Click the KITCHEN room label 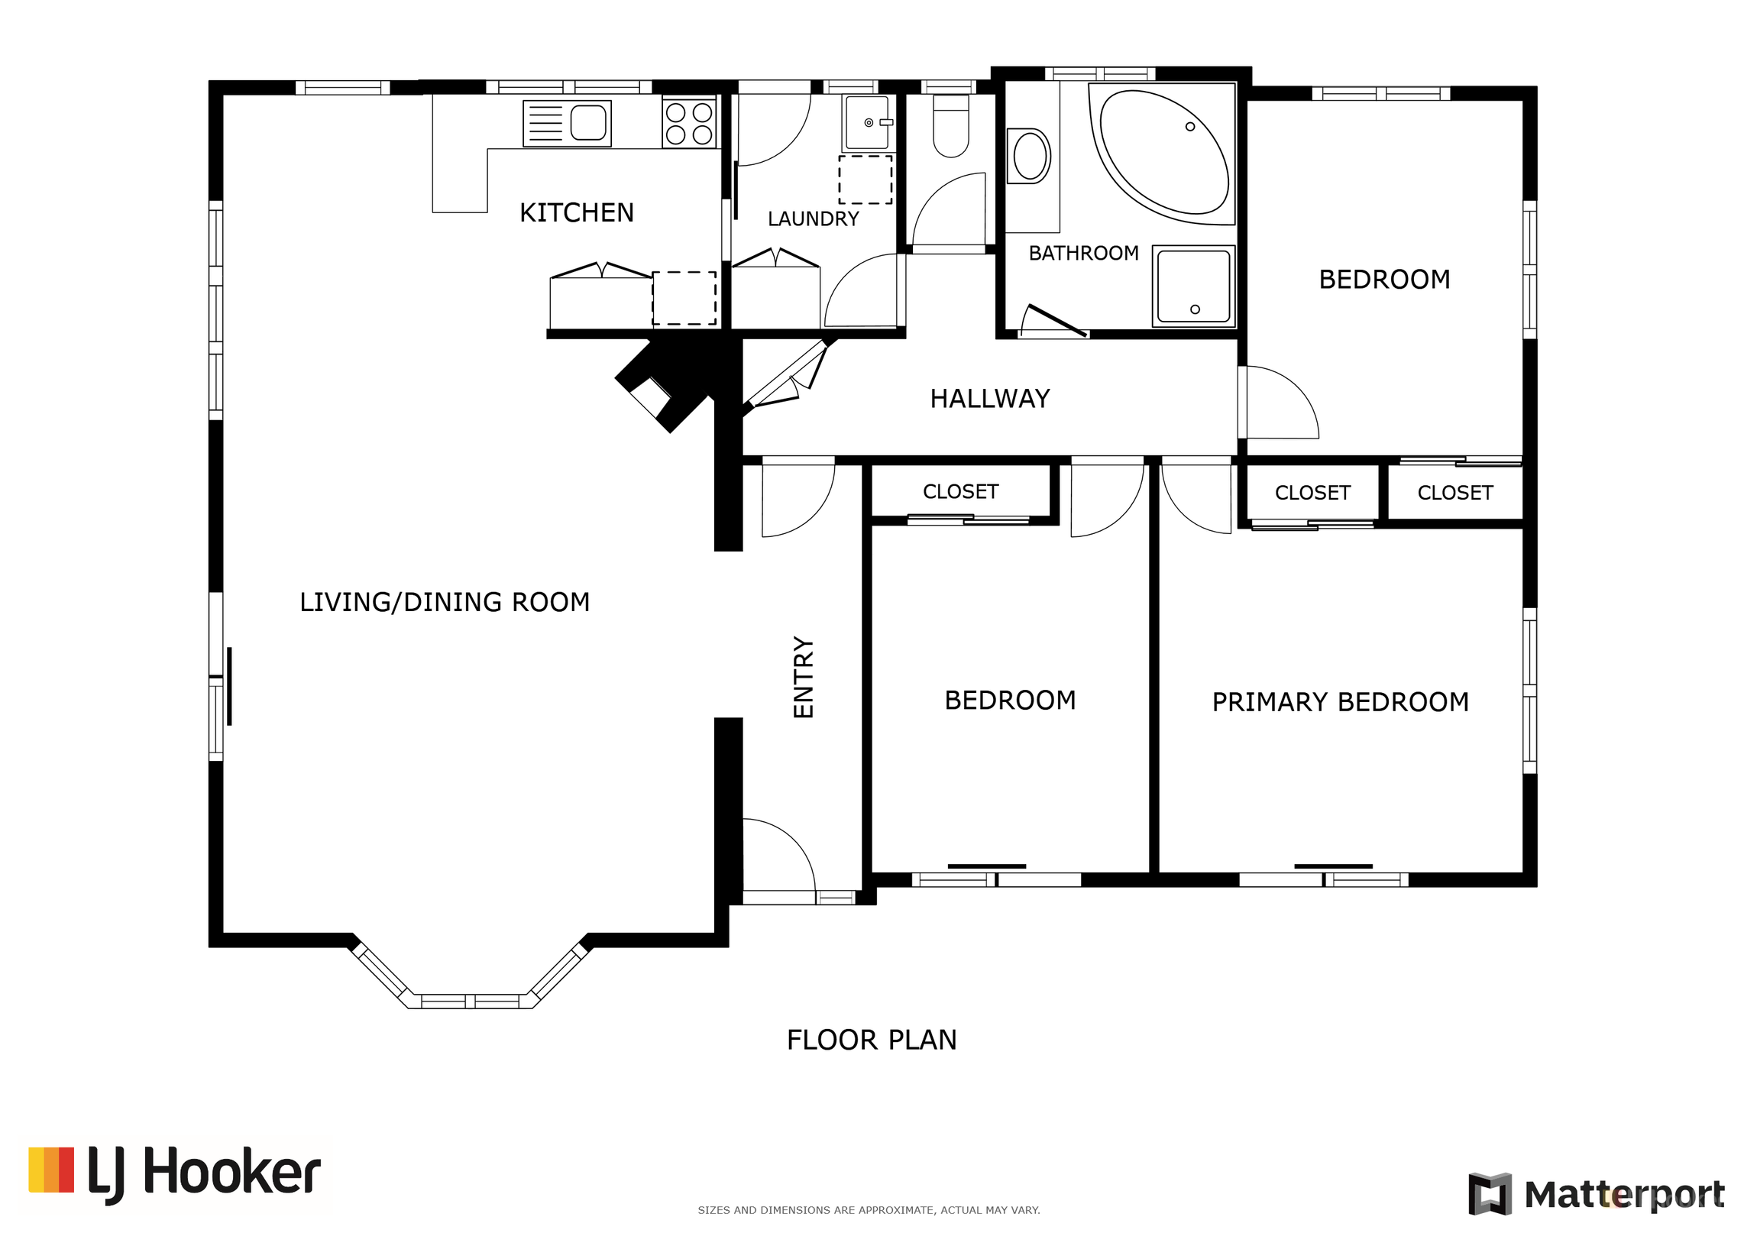pos(577,212)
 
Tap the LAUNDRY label pos(814,219)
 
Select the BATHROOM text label pos(1083,253)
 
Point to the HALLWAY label pos(990,399)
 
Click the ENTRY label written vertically pos(804,677)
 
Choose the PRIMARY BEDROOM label pos(1341,702)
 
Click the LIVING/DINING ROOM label pos(445,602)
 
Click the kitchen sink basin pos(588,122)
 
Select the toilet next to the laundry pos(951,126)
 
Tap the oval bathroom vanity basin pos(1030,156)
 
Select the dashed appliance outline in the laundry pos(866,180)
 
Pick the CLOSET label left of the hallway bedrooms pos(960,491)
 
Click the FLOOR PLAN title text pos(872,1040)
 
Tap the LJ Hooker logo pos(175,1174)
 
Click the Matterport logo pos(1596,1194)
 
